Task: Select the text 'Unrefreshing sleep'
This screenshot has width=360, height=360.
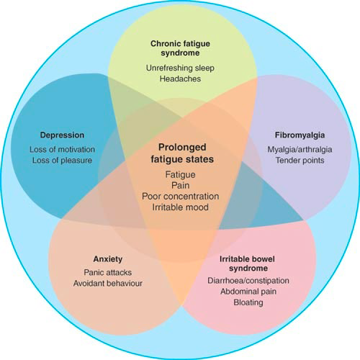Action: [x=179, y=66]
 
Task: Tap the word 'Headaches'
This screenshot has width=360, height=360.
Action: [x=179, y=78]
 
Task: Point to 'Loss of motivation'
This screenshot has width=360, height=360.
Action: [x=61, y=149]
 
